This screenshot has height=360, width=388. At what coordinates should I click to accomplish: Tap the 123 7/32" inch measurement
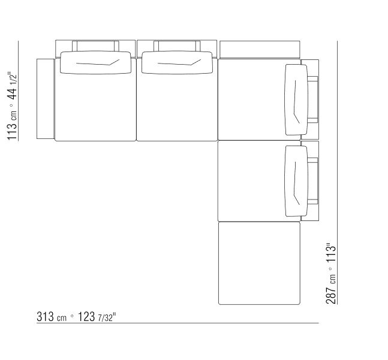click(x=97, y=316)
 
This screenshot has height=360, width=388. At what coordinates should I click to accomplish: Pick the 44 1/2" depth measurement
click(x=13, y=86)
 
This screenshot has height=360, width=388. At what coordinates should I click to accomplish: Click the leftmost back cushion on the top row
click(x=95, y=62)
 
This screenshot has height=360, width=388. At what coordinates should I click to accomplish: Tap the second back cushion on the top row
click(x=177, y=62)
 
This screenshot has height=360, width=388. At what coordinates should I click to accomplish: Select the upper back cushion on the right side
click(x=296, y=100)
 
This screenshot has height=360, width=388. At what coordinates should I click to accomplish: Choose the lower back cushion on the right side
click(x=296, y=181)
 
